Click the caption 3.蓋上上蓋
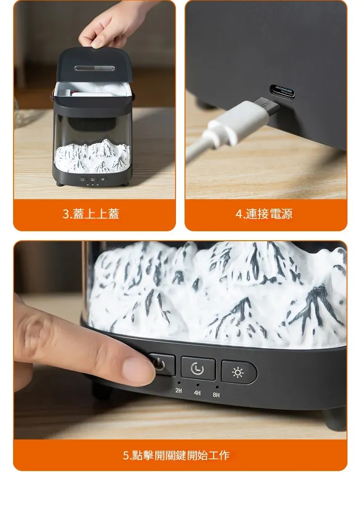(91, 214)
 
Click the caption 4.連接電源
(264, 214)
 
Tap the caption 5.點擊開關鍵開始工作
(176, 455)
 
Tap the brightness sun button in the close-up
(238, 372)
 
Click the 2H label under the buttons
(179, 391)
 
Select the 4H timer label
(197, 393)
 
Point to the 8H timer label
(216, 395)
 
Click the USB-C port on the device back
(282, 92)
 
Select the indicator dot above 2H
(179, 383)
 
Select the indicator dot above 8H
(217, 387)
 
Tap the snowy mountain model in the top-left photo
(92, 156)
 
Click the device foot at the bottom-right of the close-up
(334, 420)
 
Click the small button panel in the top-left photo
(93, 179)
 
